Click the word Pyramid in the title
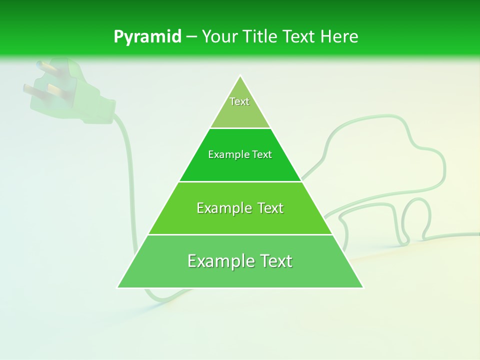(x=147, y=37)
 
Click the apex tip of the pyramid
(x=240, y=76)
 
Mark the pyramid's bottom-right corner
(x=363, y=287)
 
